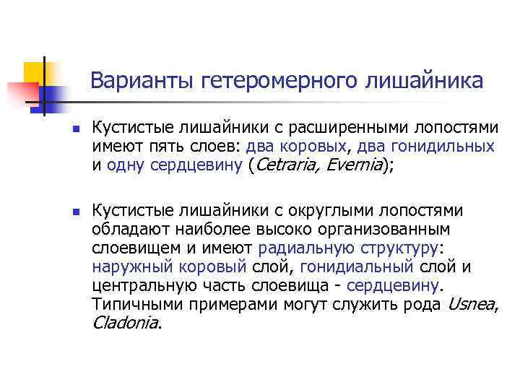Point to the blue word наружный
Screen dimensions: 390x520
click(131, 267)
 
